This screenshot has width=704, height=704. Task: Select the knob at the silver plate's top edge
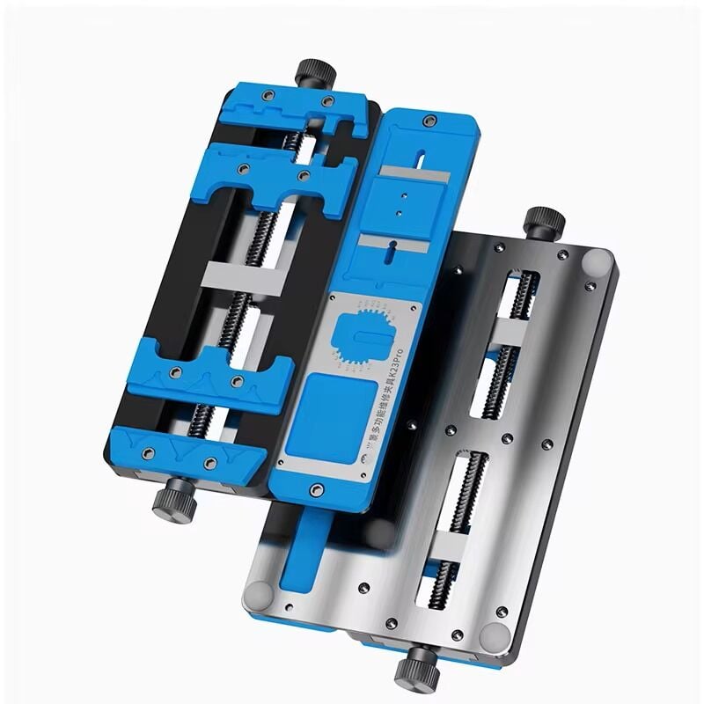544,220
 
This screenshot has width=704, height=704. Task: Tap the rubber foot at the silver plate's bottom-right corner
495,635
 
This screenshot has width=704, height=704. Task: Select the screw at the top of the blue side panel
429,121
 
